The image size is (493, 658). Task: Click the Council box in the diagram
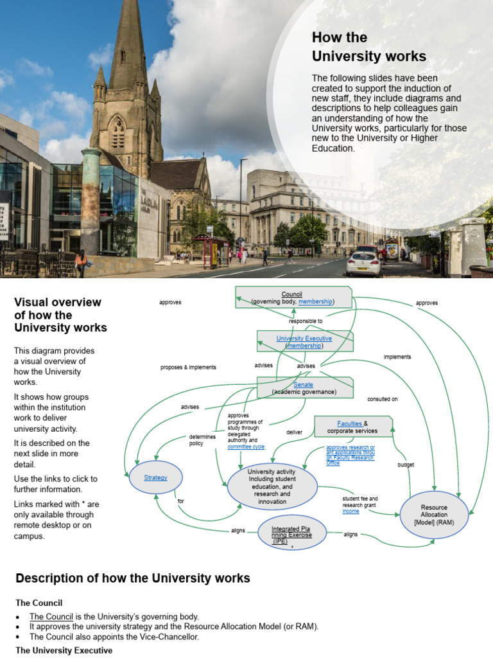pyautogui.click(x=293, y=298)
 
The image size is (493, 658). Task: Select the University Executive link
pyautogui.click(x=304, y=338)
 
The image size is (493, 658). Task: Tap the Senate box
pyautogui.click(x=304, y=387)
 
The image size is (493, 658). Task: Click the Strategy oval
pyautogui.click(x=155, y=477)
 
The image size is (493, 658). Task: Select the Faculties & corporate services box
pyautogui.click(x=352, y=427)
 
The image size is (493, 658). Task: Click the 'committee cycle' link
pyautogui.click(x=246, y=447)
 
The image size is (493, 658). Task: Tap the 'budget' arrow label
pyautogui.click(x=406, y=465)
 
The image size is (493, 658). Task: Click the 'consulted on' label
pyautogui.click(x=382, y=399)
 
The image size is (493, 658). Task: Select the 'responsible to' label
pyautogui.click(x=306, y=321)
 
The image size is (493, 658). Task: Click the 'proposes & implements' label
pyautogui.click(x=188, y=368)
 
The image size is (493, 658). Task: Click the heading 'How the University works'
pyautogui.click(x=368, y=46)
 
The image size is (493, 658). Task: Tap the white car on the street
pyautogui.click(x=363, y=263)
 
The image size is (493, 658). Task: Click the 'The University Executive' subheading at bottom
pyautogui.click(x=64, y=650)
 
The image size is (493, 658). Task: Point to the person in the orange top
pyautogui.click(x=81, y=262)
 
